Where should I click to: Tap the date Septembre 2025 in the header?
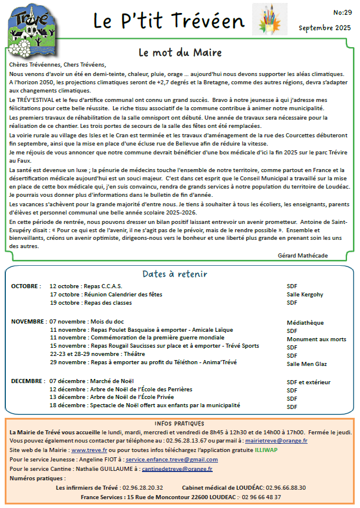point(325,28)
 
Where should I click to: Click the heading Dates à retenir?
point(174,274)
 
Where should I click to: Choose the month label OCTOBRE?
point(25,286)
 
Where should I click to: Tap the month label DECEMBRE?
point(28,381)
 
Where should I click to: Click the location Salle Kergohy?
point(305,294)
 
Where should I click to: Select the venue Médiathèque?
point(305,322)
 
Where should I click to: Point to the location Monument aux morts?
point(316,339)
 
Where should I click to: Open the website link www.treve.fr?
point(84,450)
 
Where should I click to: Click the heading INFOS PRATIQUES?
point(180,423)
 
